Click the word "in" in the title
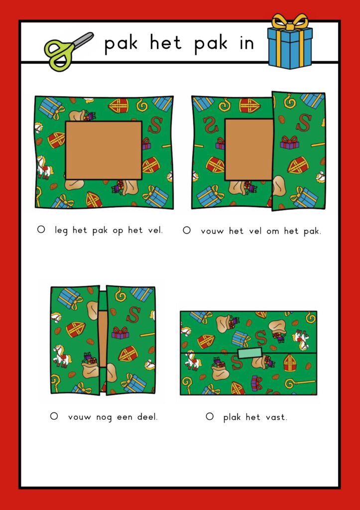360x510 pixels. point(246,44)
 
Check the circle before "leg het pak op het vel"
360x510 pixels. point(41,230)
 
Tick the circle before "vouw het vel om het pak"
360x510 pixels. point(187,230)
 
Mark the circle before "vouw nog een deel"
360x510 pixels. point(54,416)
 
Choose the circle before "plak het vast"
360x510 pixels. point(210,416)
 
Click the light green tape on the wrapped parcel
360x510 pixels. point(250,353)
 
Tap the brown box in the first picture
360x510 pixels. point(104,150)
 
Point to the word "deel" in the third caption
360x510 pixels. point(147,417)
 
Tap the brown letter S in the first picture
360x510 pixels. point(155,125)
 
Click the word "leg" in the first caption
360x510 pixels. point(61,231)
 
